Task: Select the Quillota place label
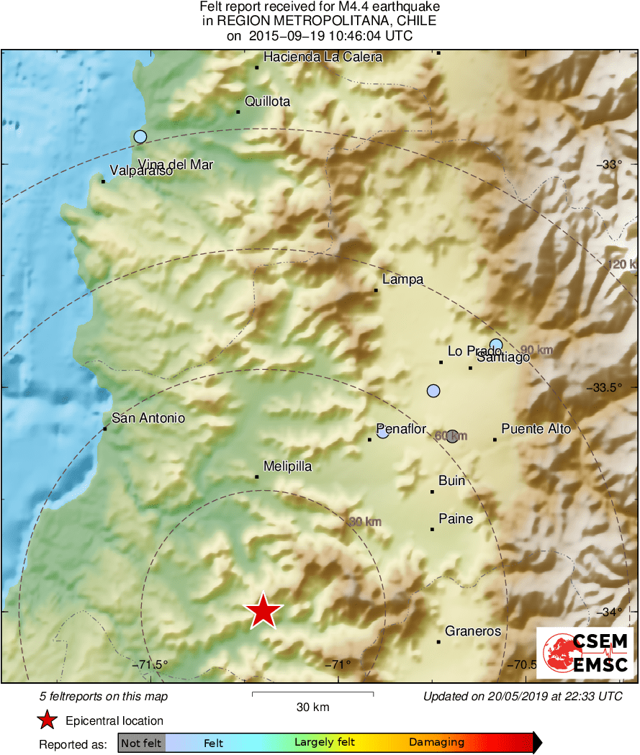(x=267, y=101)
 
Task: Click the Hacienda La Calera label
(x=323, y=57)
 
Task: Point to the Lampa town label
(x=402, y=280)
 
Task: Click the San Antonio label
(x=148, y=418)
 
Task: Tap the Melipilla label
(x=287, y=466)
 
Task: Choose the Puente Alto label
(x=536, y=429)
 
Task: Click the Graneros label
(x=472, y=631)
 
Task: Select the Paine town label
(x=456, y=519)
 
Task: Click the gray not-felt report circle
(x=452, y=435)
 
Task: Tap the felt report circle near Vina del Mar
(x=140, y=136)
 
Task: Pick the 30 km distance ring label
(x=364, y=522)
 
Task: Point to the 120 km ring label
(x=622, y=265)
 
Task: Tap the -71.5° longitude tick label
(x=150, y=664)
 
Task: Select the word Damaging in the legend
(x=436, y=742)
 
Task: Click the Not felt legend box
(x=141, y=742)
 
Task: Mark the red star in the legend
(x=47, y=720)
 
